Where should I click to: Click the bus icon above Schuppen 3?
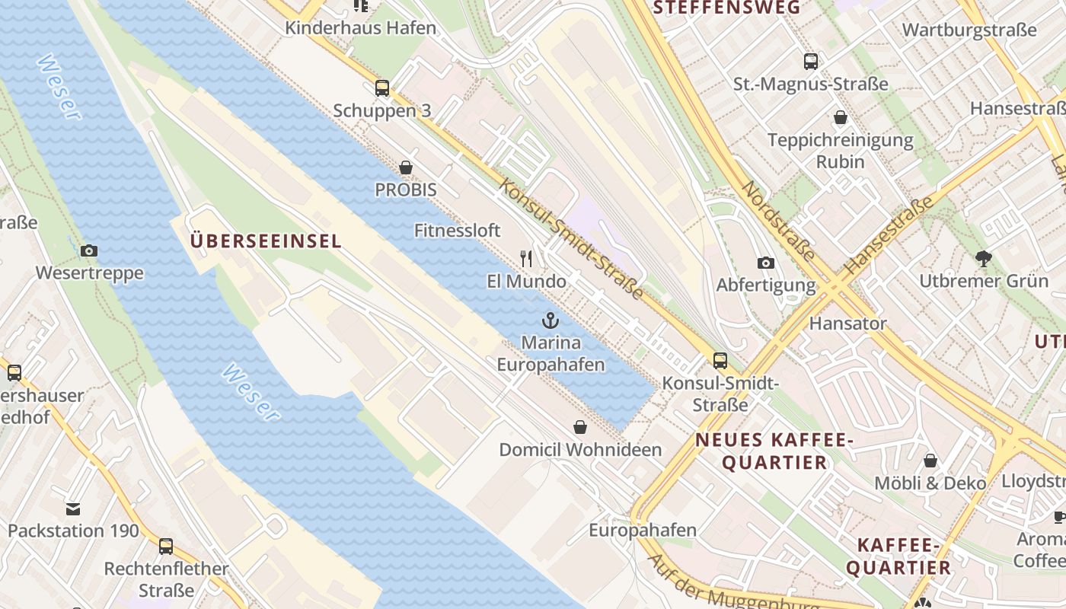pos(382,88)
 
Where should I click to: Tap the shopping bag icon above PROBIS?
pos(406,167)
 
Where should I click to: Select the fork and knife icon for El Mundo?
pos(526,259)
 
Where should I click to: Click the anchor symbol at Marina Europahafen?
pos(551,320)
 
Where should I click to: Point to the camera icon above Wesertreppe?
pos(89,250)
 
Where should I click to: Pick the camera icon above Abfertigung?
pos(766,263)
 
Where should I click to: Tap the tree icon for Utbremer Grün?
pos(984,258)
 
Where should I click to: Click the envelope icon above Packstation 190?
pos(73,509)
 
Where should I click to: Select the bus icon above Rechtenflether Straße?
pos(166,547)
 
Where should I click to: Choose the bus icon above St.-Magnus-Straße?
pos(811,62)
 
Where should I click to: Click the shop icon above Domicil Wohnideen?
pos(580,427)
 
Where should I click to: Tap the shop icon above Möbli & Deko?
pos(930,461)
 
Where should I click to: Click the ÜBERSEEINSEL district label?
pos(265,241)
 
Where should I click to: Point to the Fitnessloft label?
pos(457,230)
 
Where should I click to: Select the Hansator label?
pos(847,323)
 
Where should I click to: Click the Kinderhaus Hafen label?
pos(360,28)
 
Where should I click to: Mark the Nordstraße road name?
pos(778,221)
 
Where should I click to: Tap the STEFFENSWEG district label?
pos(727,8)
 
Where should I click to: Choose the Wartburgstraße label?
pos(969,30)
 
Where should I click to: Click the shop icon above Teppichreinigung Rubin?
pos(841,117)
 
